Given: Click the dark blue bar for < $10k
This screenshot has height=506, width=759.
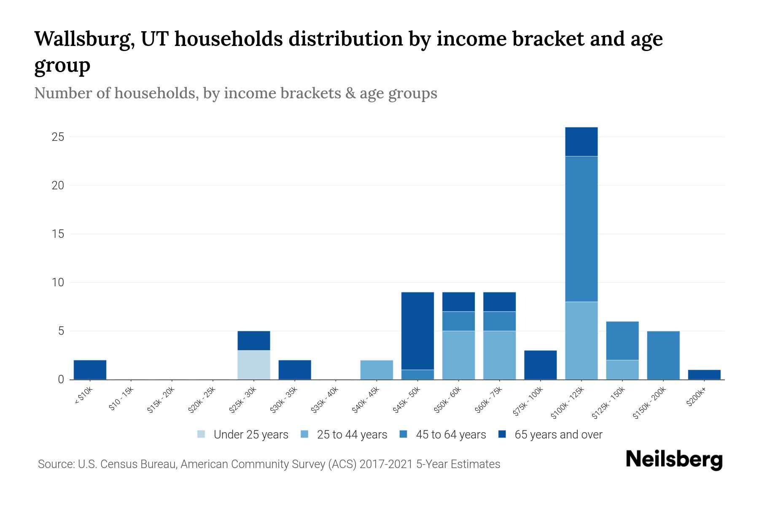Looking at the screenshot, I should [90, 370].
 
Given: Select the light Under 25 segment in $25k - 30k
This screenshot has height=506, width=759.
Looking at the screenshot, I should [254, 365].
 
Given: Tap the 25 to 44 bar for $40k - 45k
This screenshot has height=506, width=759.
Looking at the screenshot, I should [377, 370].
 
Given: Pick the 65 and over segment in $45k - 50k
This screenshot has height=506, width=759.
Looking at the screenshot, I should [417, 331].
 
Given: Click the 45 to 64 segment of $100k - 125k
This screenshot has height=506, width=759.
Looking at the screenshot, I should [581, 229].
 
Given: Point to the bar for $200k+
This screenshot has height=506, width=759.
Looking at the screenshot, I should [704, 374].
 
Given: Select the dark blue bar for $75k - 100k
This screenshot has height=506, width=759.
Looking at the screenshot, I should [540, 365].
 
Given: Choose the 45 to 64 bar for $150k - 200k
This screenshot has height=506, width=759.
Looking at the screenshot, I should [663, 355].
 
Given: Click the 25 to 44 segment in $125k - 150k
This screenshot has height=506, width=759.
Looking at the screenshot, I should [622, 370].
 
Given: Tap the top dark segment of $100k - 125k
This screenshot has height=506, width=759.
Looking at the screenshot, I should [581, 142].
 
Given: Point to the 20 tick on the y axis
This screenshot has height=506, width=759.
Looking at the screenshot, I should [58, 186].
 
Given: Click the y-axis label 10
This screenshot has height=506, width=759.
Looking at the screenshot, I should [58, 283].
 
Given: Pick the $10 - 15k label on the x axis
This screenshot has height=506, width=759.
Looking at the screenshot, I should [121, 401].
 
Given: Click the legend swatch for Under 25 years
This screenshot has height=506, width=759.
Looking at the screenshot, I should [202, 434].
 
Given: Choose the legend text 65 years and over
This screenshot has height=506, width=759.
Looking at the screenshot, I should [558, 434].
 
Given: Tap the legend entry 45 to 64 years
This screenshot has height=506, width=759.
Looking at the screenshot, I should [451, 434].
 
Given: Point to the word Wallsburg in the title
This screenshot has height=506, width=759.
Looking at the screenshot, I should [84, 39].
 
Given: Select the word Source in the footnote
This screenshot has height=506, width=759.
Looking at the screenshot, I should [55, 464].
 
